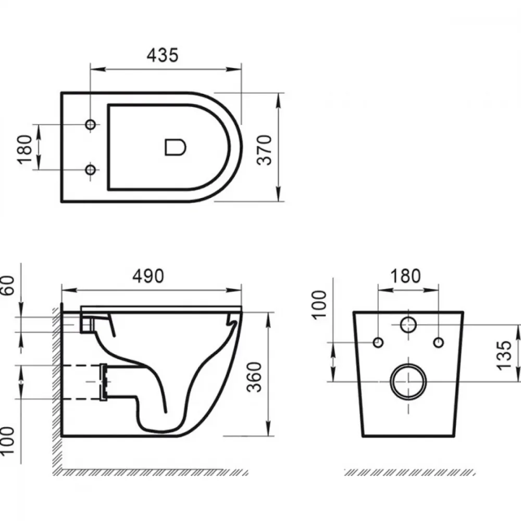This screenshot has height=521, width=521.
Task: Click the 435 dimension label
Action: click(x=163, y=55)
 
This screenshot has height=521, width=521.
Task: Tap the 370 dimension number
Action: click(x=265, y=150)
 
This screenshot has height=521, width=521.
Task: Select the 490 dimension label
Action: click(x=148, y=276)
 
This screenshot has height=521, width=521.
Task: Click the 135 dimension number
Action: click(x=504, y=355)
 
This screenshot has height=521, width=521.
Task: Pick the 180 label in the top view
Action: click(x=24, y=150)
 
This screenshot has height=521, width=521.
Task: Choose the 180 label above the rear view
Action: click(x=405, y=276)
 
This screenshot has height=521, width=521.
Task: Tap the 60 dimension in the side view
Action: click(x=8, y=286)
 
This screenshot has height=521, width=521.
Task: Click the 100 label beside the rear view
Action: click(x=319, y=305)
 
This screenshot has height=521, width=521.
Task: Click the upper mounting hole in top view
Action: click(x=90, y=125)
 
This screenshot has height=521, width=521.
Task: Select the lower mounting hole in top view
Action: click(x=90, y=170)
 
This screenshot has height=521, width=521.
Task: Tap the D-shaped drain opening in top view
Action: click(x=176, y=147)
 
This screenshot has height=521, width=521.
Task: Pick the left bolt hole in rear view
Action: click(x=378, y=342)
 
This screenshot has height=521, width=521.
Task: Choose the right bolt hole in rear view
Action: click(x=439, y=342)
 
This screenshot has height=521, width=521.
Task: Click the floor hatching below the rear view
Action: click(x=410, y=473)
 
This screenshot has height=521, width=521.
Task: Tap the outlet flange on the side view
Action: click(x=104, y=382)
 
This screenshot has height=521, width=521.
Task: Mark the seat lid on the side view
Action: click(x=161, y=308)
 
